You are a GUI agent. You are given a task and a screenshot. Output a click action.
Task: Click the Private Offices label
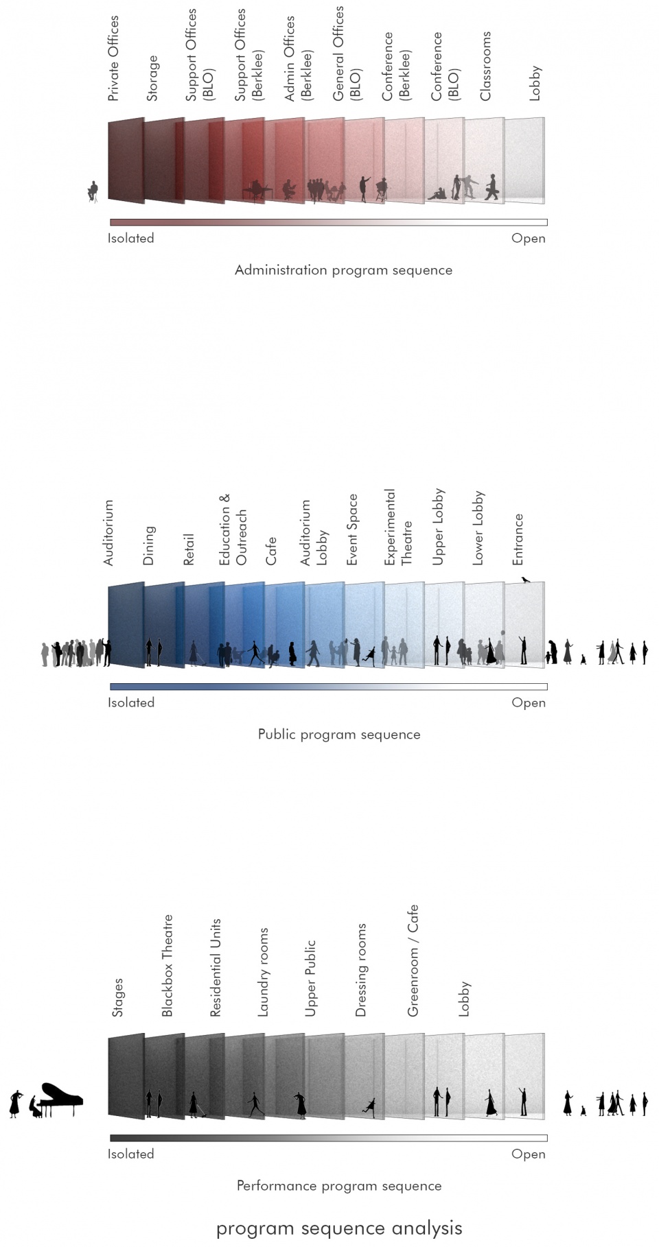tap(114, 59)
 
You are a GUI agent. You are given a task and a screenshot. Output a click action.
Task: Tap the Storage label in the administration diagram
tap(152, 78)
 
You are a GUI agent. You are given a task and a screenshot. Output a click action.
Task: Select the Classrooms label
tap(485, 66)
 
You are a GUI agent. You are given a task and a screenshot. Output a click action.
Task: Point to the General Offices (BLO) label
tap(347, 54)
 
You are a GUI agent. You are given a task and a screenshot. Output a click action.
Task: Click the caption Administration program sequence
tap(343, 270)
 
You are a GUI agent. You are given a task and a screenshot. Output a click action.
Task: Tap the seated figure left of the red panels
tap(93, 191)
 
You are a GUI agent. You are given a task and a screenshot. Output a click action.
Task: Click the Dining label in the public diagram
tap(148, 546)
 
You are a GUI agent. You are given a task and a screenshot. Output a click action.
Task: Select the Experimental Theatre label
tap(397, 527)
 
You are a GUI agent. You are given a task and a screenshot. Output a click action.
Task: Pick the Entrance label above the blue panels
tap(518, 540)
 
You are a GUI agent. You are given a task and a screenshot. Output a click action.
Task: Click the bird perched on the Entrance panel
tap(525, 580)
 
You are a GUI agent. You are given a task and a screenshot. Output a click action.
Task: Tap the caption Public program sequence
tap(339, 735)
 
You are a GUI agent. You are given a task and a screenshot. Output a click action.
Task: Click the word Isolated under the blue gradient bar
tap(131, 702)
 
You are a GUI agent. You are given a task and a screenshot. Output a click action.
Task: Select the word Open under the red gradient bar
tap(529, 239)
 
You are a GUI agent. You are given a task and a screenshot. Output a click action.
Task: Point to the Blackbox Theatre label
tap(167, 966)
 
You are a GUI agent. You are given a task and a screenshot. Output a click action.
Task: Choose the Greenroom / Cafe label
tap(413, 961)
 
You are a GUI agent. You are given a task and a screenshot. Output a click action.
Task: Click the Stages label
tap(117, 998)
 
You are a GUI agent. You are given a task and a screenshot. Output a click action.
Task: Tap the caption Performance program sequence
tap(339, 1186)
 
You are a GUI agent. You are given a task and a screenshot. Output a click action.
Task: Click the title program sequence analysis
tap(339, 1228)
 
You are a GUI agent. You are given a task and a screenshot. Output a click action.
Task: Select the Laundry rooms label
tap(263, 972)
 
